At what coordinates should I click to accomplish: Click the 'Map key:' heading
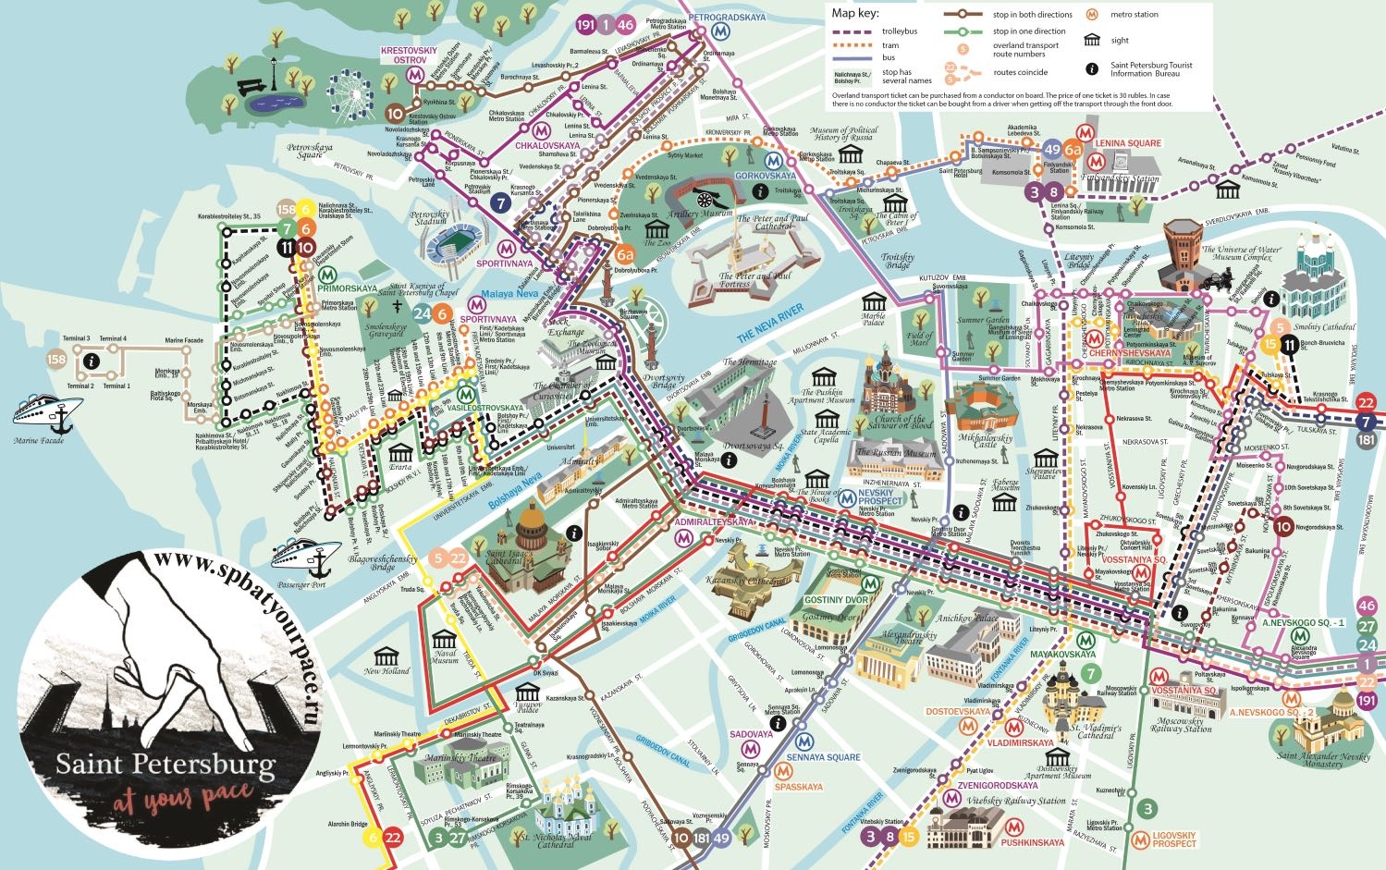pos(855,13)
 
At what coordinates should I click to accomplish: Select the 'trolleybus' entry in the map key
pos(899,31)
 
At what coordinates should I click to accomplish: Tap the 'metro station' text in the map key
pos(1134,15)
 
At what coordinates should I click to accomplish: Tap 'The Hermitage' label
pos(750,362)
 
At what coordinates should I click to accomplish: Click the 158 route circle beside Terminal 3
pos(56,360)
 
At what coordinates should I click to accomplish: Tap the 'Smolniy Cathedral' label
pos(1324,327)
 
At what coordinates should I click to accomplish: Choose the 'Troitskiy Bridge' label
pos(897,262)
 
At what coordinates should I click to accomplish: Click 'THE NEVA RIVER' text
pos(770,324)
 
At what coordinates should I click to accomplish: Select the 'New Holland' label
pos(386,671)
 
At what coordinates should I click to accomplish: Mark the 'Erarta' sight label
pos(399,467)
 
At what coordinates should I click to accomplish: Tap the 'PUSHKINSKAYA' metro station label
pos(1032,842)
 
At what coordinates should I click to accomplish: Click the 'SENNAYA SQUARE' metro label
pos(823,757)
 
